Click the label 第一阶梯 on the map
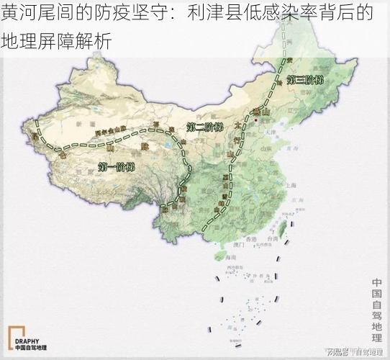pos(116,167)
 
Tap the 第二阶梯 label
pos(204,127)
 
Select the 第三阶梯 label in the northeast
pos(306,80)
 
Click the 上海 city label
pos(291,185)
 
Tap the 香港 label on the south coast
pos(250,238)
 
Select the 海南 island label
pos(229,256)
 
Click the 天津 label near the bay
pos(270,132)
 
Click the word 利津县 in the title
pos(213,13)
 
